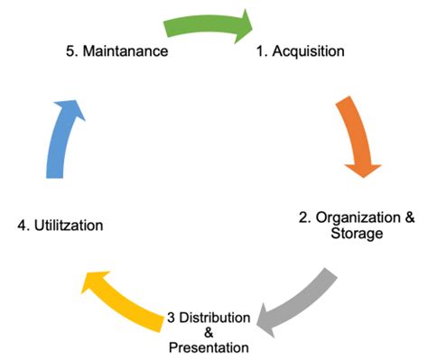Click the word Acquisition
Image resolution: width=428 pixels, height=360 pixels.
pyautogui.click(x=309, y=51)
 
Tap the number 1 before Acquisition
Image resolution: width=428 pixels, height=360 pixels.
pyautogui.click(x=263, y=51)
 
